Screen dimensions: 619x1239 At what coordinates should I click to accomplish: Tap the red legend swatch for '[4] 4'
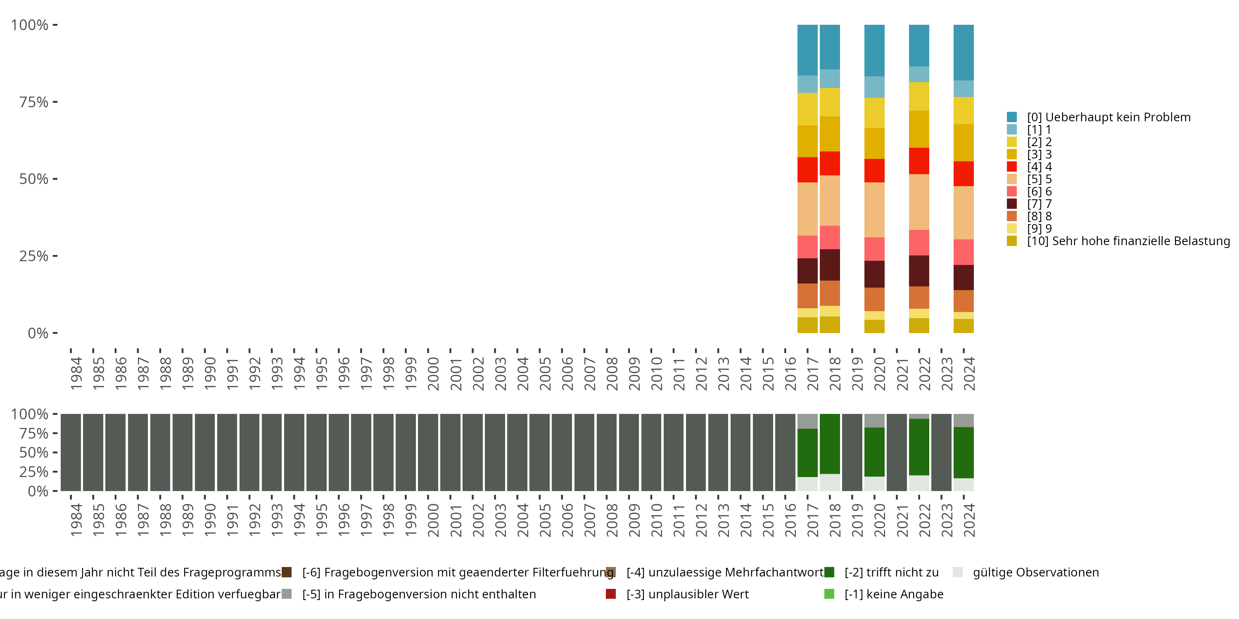(1011, 167)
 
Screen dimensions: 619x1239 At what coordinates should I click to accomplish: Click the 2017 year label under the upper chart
(812, 374)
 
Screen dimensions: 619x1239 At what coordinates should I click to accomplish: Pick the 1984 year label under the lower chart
(76, 520)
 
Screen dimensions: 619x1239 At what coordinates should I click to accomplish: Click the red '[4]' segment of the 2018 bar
(830, 163)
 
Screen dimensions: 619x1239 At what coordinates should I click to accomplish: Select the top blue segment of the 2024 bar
(964, 52)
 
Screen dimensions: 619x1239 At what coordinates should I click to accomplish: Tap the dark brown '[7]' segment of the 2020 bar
(874, 274)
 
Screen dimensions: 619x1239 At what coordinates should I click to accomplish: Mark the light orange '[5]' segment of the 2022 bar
(919, 202)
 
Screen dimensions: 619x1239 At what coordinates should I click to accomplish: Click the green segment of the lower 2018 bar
(830, 444)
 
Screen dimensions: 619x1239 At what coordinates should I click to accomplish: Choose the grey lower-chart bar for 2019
(852, 452)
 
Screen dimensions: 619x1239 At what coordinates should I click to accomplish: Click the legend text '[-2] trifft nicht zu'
(891, 572)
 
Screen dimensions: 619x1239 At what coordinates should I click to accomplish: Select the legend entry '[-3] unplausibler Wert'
(687, 595)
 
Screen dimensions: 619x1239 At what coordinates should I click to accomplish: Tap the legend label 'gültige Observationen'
(1035, 572)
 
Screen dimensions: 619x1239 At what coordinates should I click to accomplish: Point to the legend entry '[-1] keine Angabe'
(894, 595)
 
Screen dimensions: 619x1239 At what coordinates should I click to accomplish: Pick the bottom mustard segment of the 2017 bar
(807, 325)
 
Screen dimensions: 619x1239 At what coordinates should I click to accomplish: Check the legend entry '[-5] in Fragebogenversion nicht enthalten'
(418, 595)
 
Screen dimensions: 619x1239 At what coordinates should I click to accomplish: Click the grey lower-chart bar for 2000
(428, 452)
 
